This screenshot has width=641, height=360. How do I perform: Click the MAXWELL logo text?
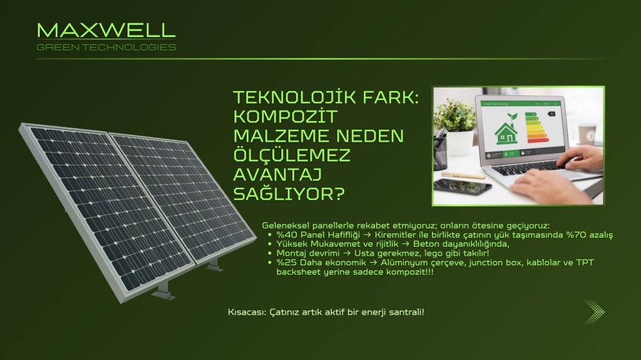(106, 30)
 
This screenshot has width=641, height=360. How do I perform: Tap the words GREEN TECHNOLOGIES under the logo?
(106, 47)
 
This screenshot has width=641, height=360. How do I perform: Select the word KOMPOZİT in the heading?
(285, 117)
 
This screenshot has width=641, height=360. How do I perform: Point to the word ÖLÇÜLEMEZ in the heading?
(292, 155)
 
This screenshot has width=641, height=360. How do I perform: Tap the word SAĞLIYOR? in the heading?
(289, 193)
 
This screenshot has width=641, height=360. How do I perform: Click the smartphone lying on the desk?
(462, 187)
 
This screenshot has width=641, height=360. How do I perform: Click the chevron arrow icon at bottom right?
(594, 312)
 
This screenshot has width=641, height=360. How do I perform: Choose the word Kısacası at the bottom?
(247, 313)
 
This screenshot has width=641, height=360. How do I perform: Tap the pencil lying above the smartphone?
(463, 175)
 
